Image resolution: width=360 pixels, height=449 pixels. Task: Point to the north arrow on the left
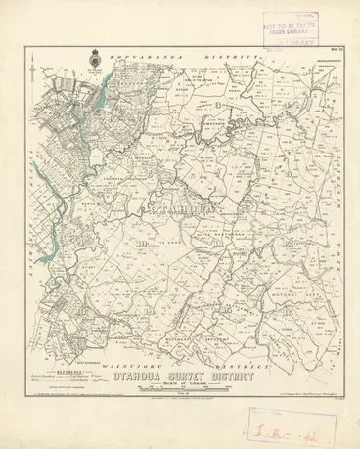[36, 70]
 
